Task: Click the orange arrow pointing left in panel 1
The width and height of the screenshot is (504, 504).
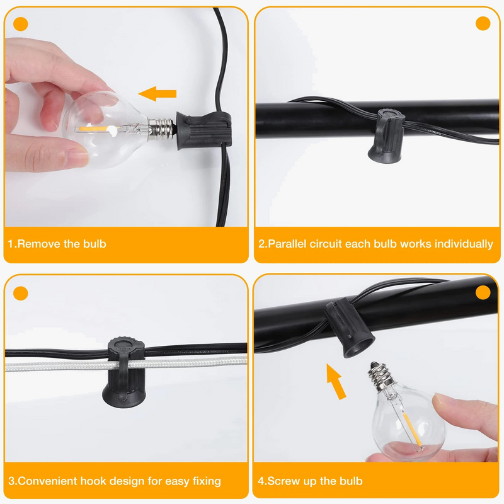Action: point(157,93)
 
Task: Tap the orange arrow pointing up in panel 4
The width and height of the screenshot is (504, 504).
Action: point(336,382)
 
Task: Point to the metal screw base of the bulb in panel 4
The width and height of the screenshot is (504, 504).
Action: point(381,375)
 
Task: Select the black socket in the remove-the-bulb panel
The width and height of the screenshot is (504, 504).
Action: point(203,130)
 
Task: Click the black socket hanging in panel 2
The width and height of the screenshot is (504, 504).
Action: point(386,137)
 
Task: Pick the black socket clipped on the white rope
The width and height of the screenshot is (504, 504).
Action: point(123,372)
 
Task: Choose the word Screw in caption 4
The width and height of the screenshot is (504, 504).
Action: point(283,481)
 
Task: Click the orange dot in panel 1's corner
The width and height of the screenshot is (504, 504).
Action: point(21,24)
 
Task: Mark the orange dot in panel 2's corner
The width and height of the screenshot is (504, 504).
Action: point(483,23)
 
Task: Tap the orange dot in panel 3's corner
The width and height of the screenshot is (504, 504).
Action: point(21,293)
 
